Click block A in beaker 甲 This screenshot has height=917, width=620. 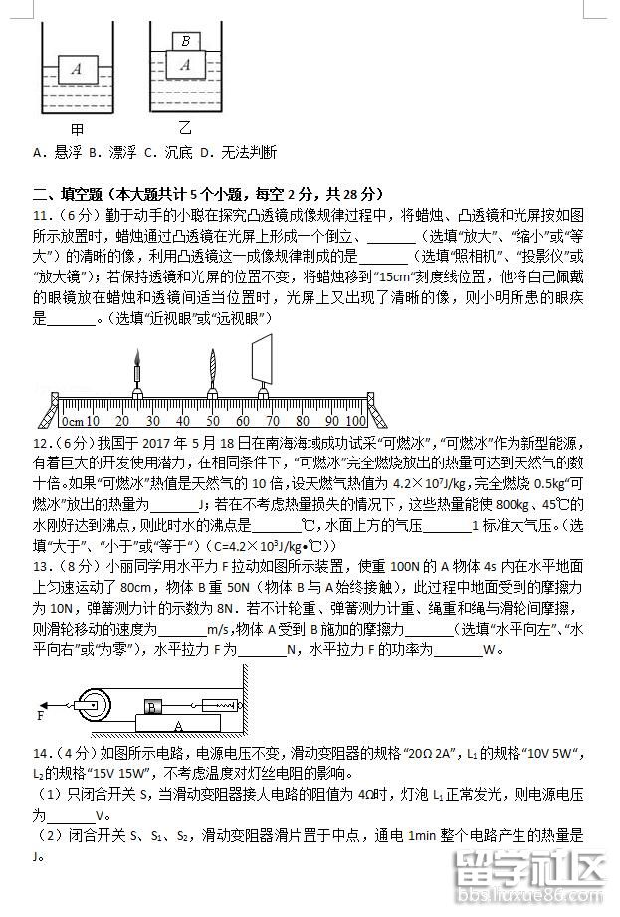click(76, 69)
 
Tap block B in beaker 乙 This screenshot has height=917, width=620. click(186, 41)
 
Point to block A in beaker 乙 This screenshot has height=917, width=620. click(185, 65)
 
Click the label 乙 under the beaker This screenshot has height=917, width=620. click(185, 129)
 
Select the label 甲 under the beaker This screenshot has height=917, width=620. click(77, 129)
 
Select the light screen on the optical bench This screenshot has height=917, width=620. click(264, 358)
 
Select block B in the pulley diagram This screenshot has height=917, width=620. click(151, 707)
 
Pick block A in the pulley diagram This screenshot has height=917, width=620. click(176, 725)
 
